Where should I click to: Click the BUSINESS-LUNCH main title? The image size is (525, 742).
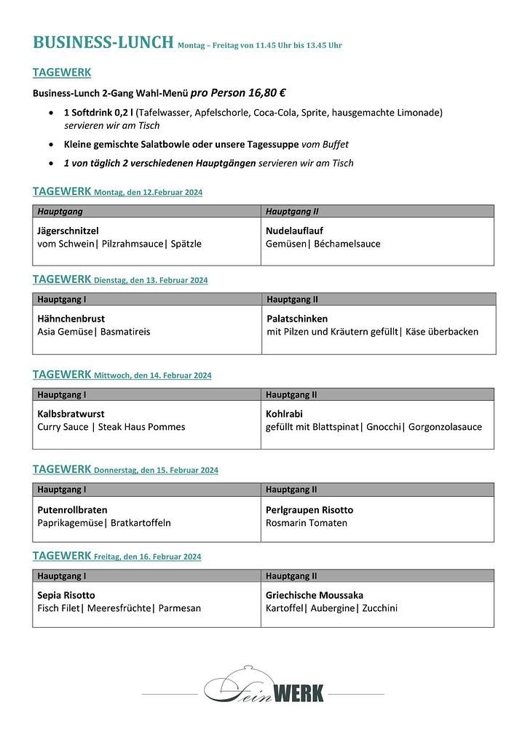[103, 42]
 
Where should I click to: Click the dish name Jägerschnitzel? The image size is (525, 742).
[68, 231]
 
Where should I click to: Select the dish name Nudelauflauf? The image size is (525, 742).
[294, 231]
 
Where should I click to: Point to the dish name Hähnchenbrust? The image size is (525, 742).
[71, 319]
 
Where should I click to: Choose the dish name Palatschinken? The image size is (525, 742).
[297, 319]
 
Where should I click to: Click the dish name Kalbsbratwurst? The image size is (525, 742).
[71, 414]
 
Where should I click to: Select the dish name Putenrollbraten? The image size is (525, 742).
[72, 510]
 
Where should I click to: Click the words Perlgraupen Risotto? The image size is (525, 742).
[309, 510]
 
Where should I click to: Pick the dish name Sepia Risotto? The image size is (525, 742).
[66, 595]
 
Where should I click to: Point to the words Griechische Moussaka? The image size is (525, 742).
[314, 595]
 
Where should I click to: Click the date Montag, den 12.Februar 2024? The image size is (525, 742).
[148, 193]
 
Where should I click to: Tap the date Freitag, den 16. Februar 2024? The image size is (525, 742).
[147, 557]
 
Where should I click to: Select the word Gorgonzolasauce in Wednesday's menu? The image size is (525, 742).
[445, 427]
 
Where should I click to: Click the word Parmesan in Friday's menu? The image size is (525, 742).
[180, 608]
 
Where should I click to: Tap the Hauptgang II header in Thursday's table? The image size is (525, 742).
[291, 490]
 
